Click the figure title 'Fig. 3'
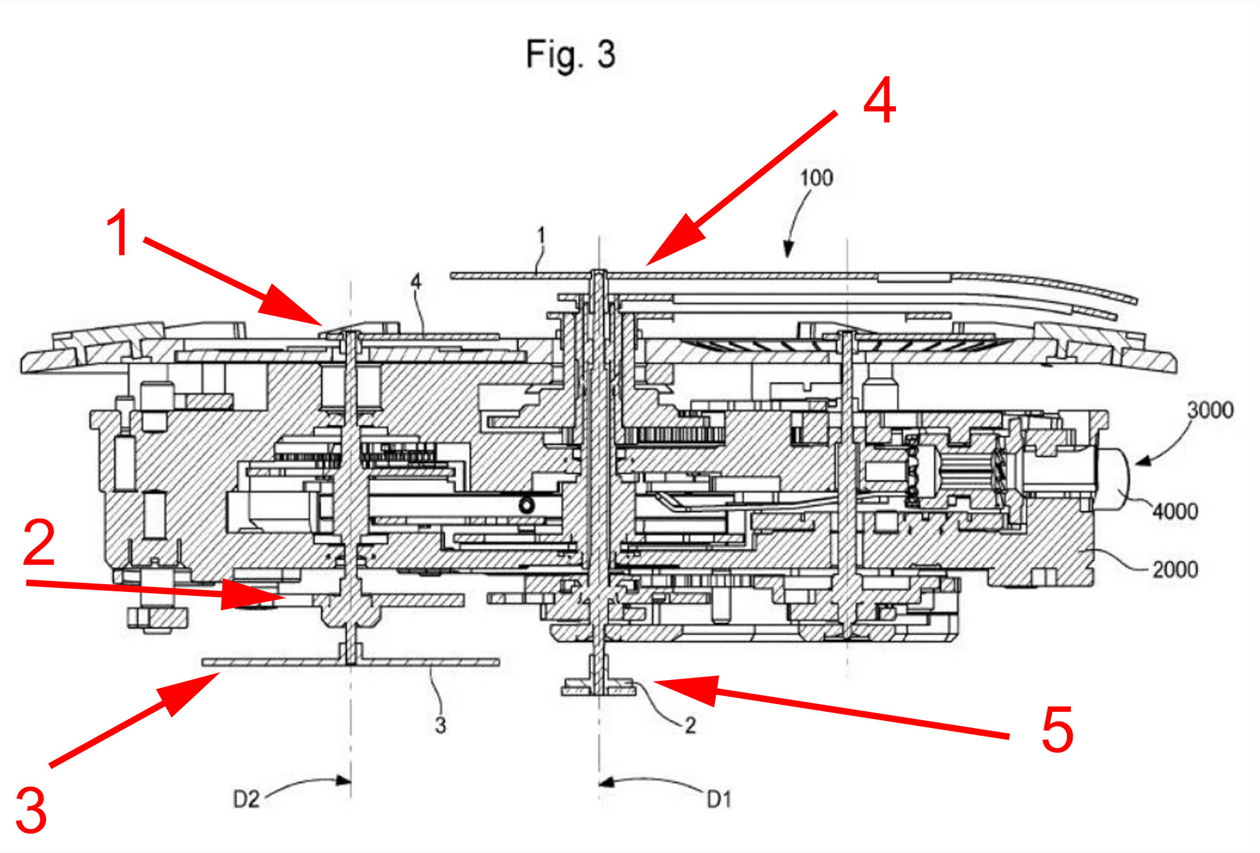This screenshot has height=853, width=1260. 570,54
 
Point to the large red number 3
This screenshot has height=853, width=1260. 31,810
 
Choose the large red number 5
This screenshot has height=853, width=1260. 1057,730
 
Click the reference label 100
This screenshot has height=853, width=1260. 816,177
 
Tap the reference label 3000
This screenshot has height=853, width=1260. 1209,410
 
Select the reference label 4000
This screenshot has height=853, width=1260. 1174,512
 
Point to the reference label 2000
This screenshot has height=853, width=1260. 1174,570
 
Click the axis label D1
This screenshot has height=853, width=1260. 719,799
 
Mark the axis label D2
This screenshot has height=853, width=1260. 246,799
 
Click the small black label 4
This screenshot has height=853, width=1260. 416,282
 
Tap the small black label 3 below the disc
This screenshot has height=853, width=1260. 441,725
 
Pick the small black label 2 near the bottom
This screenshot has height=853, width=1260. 690,725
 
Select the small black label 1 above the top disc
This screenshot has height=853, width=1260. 542,235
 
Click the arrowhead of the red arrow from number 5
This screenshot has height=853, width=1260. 661,683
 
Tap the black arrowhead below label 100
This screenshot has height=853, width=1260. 788,251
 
